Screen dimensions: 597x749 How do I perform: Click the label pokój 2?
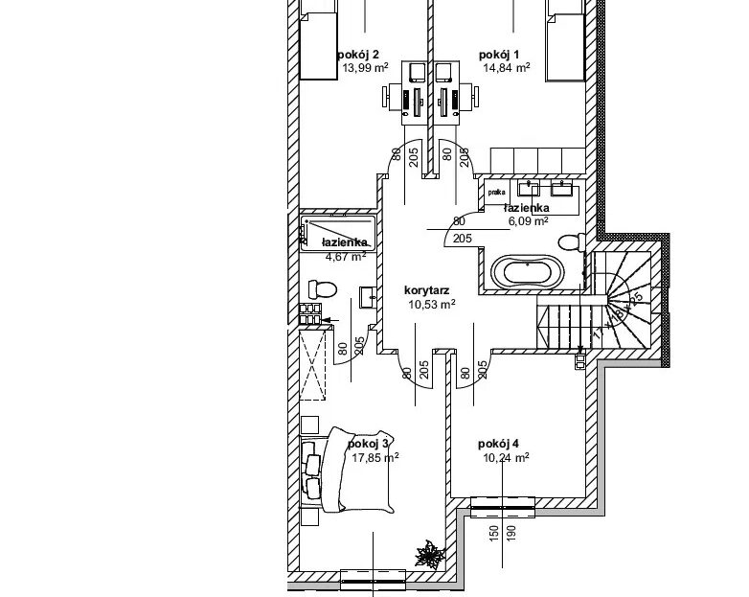pos(358,54)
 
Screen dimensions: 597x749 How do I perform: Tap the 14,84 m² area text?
pos(507,68)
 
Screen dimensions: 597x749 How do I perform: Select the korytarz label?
pos(427,289)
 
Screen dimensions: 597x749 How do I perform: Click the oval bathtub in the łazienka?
pos(526,271)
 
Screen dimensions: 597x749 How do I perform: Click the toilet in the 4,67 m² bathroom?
pos(321,287)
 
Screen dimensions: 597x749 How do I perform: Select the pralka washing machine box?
pos(496,192)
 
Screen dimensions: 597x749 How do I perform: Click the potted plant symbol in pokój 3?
pos(428,553)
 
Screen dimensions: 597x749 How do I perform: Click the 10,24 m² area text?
pos(507,458)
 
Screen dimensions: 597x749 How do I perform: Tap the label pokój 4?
pos(497,444)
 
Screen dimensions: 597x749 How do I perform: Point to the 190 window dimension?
pos(511,532)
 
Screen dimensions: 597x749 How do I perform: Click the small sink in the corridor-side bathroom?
pos(368,296)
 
